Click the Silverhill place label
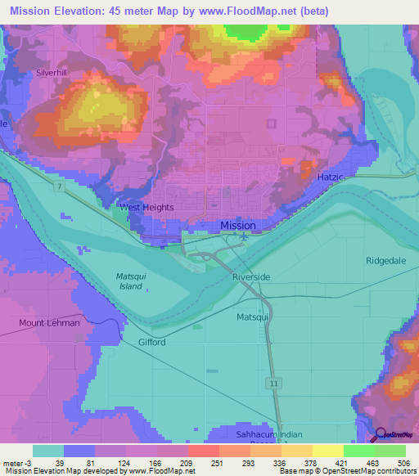(x=51, y=72)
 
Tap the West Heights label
(x=147, y=208)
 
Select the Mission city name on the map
(x=238, y=226)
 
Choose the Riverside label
(x=250, y=277)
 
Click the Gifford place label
(x=151, y=342)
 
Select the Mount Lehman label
(x=50, y=323)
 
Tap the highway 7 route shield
(x=60, y=189)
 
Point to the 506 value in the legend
(x=403, y=462)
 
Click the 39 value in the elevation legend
(x=60, y=462)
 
